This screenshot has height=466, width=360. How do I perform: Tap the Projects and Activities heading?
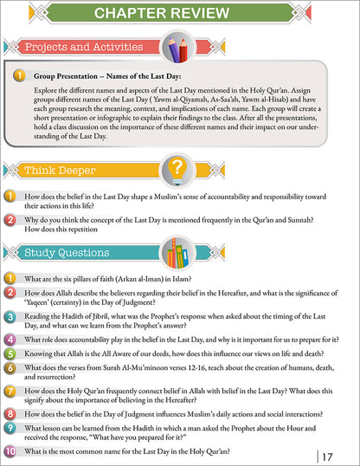(78, 47)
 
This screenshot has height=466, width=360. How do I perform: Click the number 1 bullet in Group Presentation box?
(18, 77)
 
